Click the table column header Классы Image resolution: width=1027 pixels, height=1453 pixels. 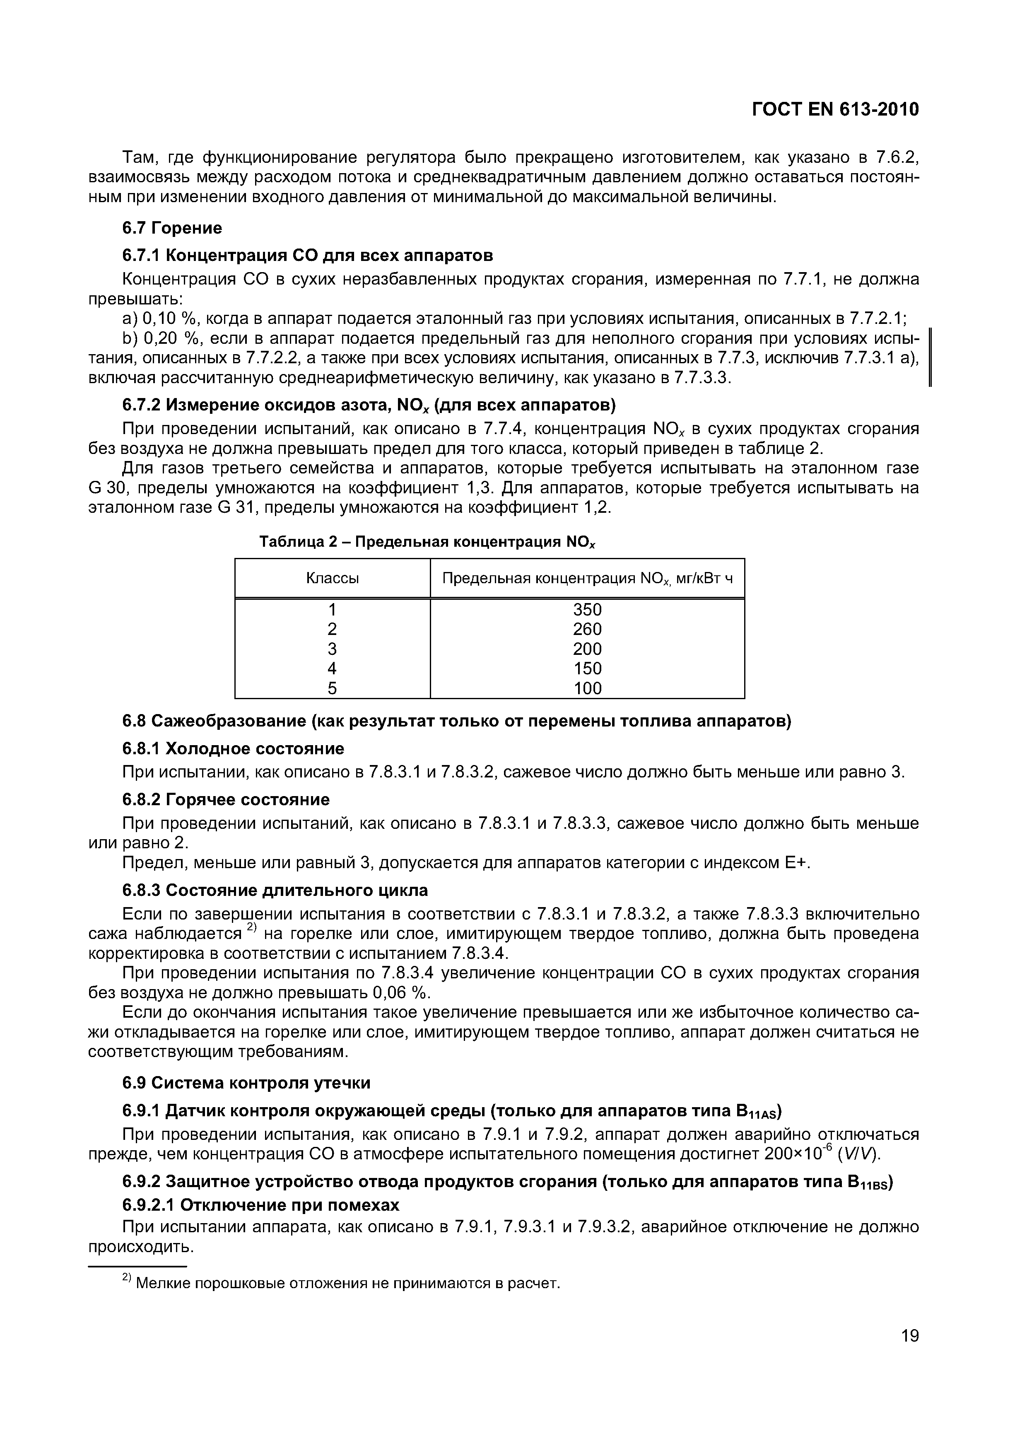332,578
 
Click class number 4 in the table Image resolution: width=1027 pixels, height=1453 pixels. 332,669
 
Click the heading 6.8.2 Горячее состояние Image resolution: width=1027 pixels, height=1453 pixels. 226,800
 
